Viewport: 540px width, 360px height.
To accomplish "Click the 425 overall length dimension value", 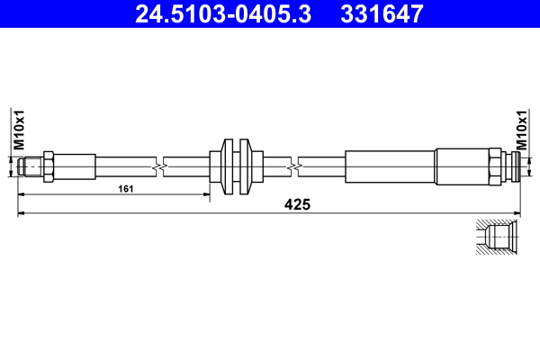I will click(297, 205).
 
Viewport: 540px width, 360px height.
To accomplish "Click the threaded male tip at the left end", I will click(30, 167).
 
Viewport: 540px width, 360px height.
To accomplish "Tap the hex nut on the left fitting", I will click(49, 167).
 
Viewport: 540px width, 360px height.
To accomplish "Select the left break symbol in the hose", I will click(158, 167).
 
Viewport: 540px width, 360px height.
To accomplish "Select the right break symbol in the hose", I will click(294, 167).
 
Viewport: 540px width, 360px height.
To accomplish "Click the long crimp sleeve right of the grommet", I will click(390, 167).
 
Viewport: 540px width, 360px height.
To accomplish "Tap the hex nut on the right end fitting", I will click(494, 167).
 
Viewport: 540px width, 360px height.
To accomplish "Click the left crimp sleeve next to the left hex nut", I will click(77, 167).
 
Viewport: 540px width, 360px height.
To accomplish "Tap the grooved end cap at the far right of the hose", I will click(510, 167).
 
